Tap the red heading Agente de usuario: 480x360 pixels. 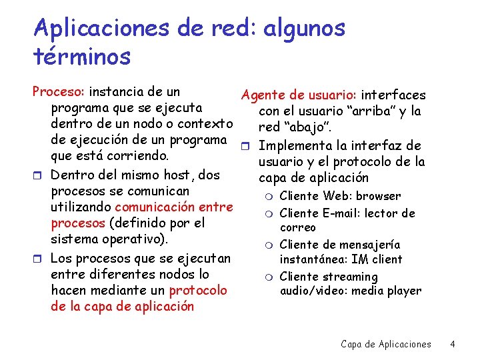[x=289, y=96]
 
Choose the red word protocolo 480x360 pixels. [x=198, y=290]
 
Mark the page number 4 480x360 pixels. [x=453, y=344]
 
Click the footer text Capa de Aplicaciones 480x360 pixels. [x=386, y=344]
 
